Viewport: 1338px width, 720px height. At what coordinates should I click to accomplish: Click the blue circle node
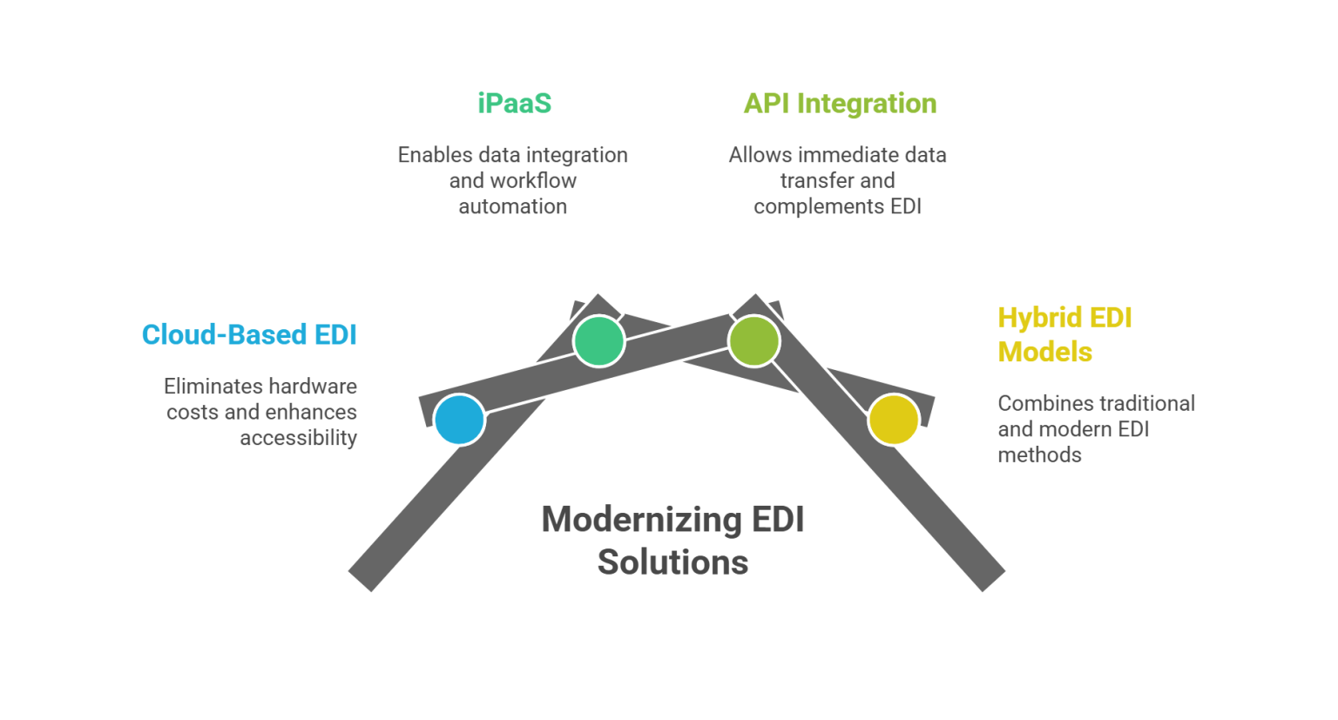(459, 420)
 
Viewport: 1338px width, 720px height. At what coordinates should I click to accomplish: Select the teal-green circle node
(598, 340)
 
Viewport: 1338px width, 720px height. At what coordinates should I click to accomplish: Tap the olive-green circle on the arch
(753, 340)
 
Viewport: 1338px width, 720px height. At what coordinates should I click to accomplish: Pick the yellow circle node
(893, 420)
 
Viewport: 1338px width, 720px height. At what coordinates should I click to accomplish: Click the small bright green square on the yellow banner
(1008, 334)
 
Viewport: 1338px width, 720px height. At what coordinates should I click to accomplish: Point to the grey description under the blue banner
(261, 411)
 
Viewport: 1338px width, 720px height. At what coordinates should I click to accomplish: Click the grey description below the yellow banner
(1092, 427)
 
